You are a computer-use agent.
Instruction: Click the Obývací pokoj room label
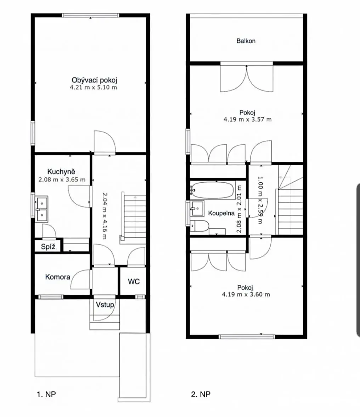(x=94, y=80)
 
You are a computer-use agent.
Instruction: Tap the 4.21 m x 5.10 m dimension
(x=94, y=88)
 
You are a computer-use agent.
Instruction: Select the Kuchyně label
(x=61, y=172)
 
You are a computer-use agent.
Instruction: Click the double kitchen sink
(x=42, y=209)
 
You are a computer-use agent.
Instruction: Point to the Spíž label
(x=48, y=247)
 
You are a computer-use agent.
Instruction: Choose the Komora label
(x=58, y=277)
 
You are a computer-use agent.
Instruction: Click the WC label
(x=134, y=282)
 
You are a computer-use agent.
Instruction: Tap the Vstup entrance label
(x=105, y=305)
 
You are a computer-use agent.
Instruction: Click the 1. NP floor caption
(x=46, y=394)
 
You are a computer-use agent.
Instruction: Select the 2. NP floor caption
(x=201, y=394)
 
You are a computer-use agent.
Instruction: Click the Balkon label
(x=246, y=41)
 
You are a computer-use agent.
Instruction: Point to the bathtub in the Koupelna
(x=213, y=190)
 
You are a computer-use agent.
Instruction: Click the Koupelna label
(x=221, y=213)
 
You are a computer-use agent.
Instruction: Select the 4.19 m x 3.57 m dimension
(x=248, y=119)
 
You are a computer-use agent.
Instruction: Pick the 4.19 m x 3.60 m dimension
(x=246, y=294)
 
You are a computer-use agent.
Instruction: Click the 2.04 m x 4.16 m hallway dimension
(x=105, y=216)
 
